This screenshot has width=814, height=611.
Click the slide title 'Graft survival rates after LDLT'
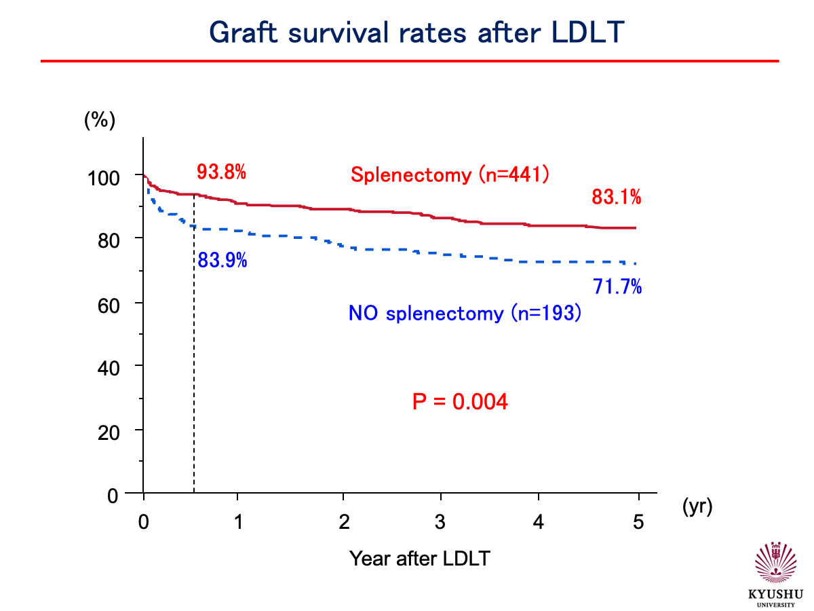[x=416, y=32]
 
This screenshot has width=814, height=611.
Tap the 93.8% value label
[x=220, y=172]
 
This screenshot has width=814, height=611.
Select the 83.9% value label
[x=222, y=260]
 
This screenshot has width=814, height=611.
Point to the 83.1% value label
[x=617, y=198]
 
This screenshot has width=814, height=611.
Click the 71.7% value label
[x=617, y=287]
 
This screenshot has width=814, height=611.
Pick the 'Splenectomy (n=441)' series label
[x=450, y=174]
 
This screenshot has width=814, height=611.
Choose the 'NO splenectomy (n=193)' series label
[x=465, y=314]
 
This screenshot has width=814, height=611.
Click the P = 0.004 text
[x=460, y=402]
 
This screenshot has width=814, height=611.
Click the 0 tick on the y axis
[x=113, y=496]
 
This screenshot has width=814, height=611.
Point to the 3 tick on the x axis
[x=440, y=523]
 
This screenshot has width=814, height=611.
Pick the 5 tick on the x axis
[x=637, y=523]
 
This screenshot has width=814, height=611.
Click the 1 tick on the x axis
[x=237, y=523]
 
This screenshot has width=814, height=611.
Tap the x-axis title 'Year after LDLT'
[x=420, y=559]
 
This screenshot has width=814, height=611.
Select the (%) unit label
[x=100, y=120]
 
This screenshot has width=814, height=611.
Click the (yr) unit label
[x=697, y=506]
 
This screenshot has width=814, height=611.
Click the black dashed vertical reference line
[x=194, y=373]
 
